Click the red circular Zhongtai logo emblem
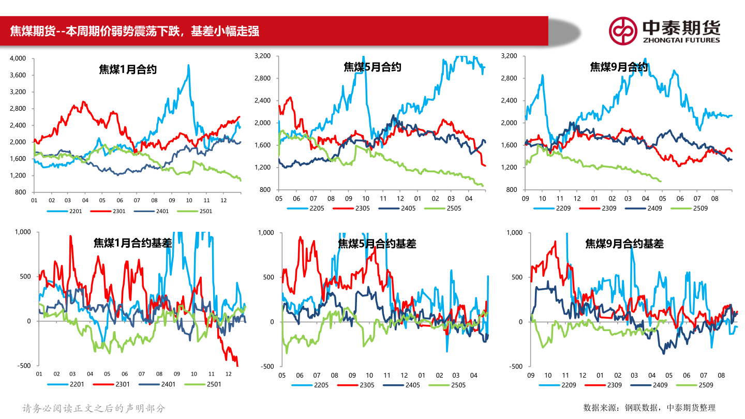[622, 31]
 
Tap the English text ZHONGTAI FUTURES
[681, 40]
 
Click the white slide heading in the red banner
[135, 32]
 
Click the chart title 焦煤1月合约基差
[132, 243]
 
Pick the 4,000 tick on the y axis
[18, 58]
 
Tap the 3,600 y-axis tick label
[18, 76]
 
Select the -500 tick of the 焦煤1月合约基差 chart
[24, 366]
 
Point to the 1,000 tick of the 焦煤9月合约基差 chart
[514, 233]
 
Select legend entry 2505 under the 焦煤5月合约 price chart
[451, 208]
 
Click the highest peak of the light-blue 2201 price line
[188, 65]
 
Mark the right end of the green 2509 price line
[661, 181]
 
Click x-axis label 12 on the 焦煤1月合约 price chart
[223, 200]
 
